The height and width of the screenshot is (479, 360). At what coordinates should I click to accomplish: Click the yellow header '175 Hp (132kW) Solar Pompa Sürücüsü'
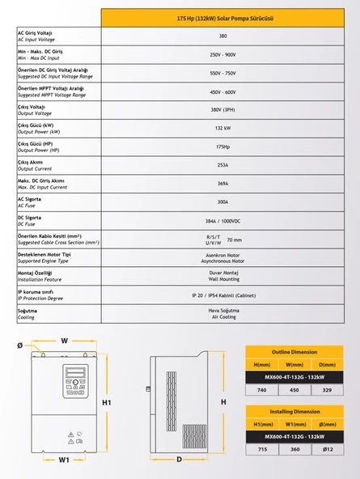[222, 18]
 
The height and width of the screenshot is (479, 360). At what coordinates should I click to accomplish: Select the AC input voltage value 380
[222, 36]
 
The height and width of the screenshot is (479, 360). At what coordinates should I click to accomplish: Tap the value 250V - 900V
[222, 55]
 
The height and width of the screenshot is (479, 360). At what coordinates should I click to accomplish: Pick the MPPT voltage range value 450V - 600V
[222, 92]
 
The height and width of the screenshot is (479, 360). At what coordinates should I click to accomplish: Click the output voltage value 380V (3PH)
[222, 110]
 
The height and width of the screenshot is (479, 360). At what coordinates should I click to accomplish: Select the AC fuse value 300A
[222, 203]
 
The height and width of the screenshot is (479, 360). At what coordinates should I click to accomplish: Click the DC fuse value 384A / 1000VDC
[222, 221]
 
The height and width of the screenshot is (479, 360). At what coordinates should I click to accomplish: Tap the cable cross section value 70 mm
[235, 239]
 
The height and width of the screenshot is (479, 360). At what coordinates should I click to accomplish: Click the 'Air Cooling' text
[222, 317]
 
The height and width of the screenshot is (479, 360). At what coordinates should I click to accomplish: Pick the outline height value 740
[262, 389]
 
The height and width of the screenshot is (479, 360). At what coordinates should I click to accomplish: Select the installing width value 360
[295, 448]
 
